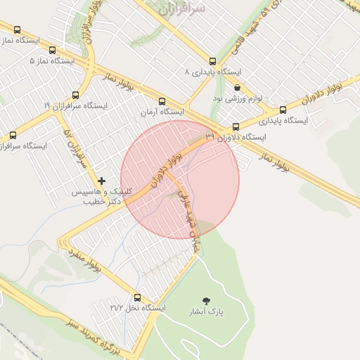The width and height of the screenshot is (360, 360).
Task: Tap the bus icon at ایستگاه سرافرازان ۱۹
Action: tap(76, 95)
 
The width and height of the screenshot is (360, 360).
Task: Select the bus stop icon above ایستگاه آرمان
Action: tap(162, 101)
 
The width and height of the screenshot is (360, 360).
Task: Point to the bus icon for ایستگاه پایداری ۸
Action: tap(212, 61)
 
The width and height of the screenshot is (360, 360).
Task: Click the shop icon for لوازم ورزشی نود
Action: tap(237, 88)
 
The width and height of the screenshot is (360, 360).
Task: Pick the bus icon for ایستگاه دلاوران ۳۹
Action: tap(236, 128)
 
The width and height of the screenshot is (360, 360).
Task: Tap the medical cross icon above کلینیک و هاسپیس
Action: tap(103, 181)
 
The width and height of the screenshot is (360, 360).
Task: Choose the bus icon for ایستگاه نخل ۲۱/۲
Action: tap(136, 297)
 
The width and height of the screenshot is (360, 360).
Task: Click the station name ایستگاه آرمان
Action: tap(162, 112)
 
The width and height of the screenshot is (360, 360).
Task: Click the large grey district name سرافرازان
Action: tap(181, 9)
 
